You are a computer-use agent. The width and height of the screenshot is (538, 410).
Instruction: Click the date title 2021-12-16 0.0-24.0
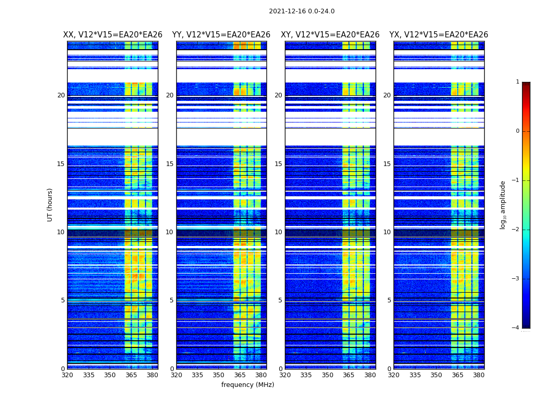tap(301, 11)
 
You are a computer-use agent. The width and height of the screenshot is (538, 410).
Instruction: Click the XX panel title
tap(113, 35)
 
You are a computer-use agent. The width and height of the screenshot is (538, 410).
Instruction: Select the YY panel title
tap(221, 35)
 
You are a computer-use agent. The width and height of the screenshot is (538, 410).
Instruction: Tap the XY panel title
tap(330, 35)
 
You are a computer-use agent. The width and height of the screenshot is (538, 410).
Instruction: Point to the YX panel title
tap(439, 35)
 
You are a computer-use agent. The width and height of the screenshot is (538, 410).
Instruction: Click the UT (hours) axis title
tap(50, 204)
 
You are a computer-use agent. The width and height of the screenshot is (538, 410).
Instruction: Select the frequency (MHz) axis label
tap(247, 385)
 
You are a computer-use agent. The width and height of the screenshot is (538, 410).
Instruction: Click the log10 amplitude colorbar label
tap(503, 204)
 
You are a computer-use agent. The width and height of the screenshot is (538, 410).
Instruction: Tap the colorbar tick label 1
tap(518, 82)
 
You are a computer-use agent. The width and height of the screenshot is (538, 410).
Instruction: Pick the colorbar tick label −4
tap(516, 328)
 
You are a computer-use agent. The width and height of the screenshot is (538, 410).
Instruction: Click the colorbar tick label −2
tap(516, 230)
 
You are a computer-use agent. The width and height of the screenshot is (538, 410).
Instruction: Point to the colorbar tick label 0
tap(518, 131)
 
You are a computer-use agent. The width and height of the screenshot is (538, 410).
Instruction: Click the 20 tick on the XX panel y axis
tap(61, 95)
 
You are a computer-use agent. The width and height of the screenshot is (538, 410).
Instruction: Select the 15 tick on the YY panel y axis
tap(170, 164)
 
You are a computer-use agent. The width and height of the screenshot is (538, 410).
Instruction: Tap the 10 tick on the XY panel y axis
tap(278, 232)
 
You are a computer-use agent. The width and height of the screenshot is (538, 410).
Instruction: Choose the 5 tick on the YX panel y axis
tap(389, 300)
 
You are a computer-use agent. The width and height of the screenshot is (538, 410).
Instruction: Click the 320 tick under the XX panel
tap(67, 375)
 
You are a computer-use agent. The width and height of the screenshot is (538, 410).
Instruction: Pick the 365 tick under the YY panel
tap(240, 375)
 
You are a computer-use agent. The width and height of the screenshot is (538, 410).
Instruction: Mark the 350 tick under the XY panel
tap(327, 375)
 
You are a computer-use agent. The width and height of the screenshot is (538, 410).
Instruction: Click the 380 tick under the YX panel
tap(479, 375)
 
